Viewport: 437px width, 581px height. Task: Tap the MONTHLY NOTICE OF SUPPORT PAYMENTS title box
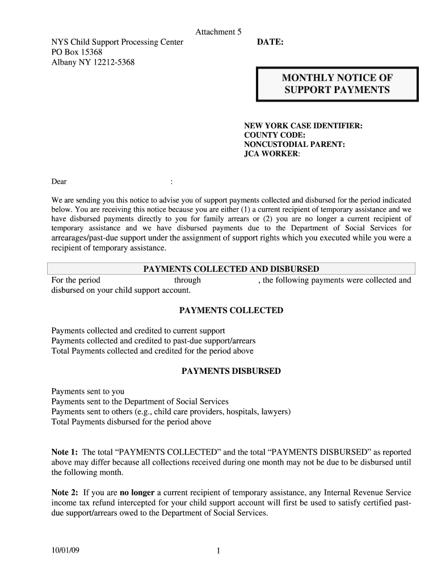(337, 84)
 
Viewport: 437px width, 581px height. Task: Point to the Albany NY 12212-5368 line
(93, 62)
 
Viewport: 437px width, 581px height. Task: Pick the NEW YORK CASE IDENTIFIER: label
(303, 125)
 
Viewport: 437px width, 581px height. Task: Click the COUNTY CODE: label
(275, 135)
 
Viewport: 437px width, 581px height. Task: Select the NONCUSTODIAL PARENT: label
(294, 145)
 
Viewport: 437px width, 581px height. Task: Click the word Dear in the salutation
(59, 182)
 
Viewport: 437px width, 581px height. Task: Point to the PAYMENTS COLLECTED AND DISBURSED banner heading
(231, 269)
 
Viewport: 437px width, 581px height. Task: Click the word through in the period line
(187, 280)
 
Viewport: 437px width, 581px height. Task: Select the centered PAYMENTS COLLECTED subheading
(231, 310)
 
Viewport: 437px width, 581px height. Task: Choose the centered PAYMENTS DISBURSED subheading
(231, 371)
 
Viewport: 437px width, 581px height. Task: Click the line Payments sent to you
(88, 391)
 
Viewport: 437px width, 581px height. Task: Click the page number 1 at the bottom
(218, 550)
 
